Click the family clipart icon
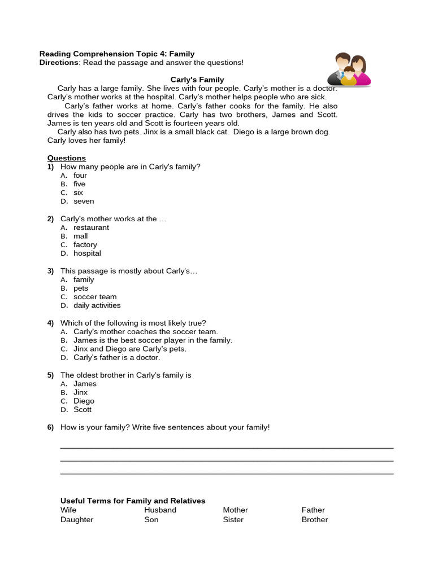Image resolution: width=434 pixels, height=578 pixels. point(349,70)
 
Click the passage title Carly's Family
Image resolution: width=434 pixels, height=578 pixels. point(197,80)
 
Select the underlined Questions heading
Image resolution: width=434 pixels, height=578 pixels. point(67,158)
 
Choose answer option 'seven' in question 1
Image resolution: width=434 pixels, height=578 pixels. point(84,202)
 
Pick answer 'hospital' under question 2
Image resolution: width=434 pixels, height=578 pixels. point(87,253)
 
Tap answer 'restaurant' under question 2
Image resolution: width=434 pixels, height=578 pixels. point(91,227)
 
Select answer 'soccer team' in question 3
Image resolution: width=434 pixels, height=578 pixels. point(95,297)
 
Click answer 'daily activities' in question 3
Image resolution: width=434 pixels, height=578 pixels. point(97,305)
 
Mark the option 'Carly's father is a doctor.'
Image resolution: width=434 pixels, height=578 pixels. point(116,357)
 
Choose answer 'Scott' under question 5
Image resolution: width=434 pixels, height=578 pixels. point(83,410)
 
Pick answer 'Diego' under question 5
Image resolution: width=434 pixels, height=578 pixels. point(84,401)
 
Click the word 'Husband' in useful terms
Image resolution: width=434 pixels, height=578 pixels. point(160,510)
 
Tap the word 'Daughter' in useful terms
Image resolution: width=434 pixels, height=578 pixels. point(77,520)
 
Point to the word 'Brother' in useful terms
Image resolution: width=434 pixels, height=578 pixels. point(315,520)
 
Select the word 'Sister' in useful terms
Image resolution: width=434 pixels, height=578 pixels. point(233,520)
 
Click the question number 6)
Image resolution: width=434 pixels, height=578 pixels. point(50,427)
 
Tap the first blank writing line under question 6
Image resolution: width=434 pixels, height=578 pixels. point(227,448)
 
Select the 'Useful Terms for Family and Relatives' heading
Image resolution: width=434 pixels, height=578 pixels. point(133,501)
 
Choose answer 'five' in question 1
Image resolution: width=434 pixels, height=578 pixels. point(79,184)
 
